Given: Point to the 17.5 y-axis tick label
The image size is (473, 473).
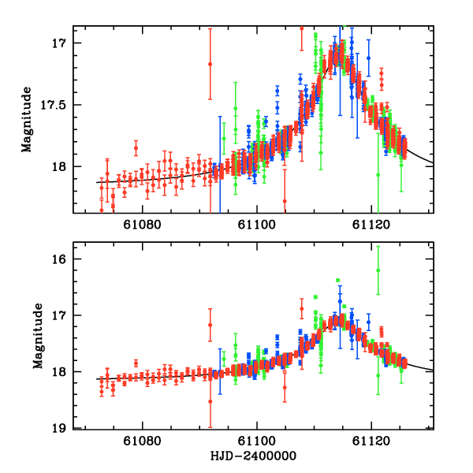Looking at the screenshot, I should pyautogui.click(x=54, y=104).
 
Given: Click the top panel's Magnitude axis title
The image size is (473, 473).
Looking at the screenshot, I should pyautogui.click(x=27, y=119).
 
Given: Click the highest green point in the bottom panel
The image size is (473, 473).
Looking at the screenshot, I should pyautogui.click(x=378, y=270).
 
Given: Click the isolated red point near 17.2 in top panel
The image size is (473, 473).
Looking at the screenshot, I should pyautogui.click(x=210, y=64).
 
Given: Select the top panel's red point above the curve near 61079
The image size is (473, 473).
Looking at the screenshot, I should pyautogui.click(x=136, y=148).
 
